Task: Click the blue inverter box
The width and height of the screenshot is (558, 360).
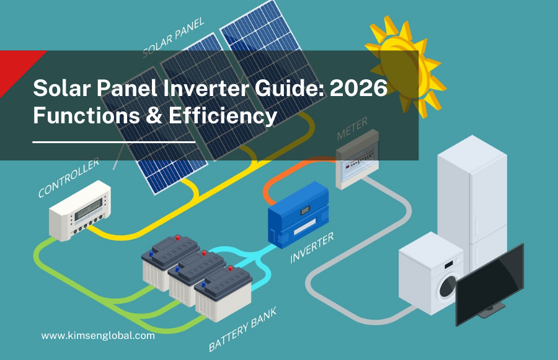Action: [298, 214]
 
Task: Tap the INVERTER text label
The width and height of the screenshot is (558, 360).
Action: [312, 247]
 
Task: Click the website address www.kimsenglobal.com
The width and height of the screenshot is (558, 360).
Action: [98, 335]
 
